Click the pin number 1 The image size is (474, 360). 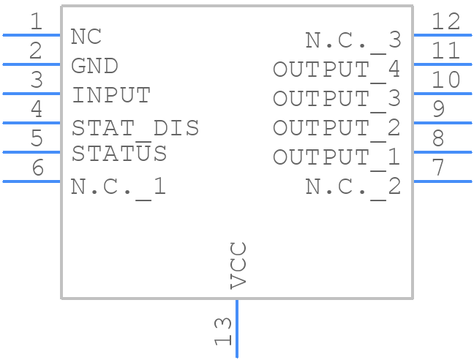coord(36,21)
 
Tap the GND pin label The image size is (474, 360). coord(94,66)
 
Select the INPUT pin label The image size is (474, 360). coord(110,95)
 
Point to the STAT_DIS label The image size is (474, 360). coord(135,128)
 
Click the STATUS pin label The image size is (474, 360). coord(118,154)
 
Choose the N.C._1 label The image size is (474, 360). coord(118,187)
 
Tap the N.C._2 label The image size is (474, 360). coord(353,187)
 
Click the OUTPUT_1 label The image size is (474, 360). coord(336,157)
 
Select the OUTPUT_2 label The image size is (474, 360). coord(336,128)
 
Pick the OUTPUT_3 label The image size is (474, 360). coord(336,99)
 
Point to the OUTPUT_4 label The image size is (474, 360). coord(336,70)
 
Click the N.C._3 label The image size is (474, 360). coord(353,40)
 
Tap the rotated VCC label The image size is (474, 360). coord(238,265)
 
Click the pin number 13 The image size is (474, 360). coord(223,331)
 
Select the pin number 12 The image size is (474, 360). coord(445,21)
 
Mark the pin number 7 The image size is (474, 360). coord(437,168)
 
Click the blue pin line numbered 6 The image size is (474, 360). coord(31,181)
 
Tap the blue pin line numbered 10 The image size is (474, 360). coord(443,93)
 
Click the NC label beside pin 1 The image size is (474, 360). coord(86,37)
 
